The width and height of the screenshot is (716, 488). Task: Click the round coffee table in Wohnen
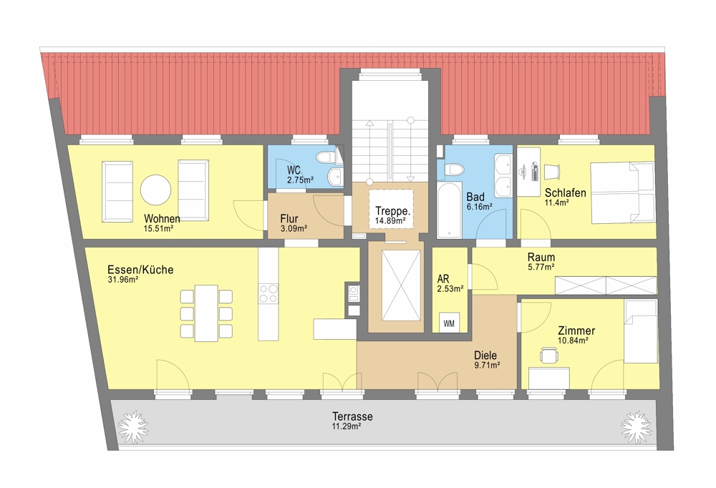coord(155,190)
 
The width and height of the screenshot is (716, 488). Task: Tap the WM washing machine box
coord(449,323)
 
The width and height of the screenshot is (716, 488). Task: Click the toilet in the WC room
coord(327,157)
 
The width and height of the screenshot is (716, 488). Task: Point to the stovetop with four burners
coord(268,293)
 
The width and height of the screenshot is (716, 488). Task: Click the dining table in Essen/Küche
coord(206,313)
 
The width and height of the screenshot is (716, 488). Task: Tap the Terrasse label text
coord(352,416)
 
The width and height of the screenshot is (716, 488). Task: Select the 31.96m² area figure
coord(123,280)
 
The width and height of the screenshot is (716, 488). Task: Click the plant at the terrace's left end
coord(133,427)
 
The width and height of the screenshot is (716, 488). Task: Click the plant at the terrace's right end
coord(636,427)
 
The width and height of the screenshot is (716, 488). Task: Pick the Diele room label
coord(485,355)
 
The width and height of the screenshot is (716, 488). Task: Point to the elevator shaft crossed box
coord(401,286)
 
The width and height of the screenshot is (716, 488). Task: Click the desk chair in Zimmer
coord(548,355)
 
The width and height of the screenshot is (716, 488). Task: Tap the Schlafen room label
coord(566,192)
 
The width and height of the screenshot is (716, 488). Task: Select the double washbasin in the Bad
coord(503,175)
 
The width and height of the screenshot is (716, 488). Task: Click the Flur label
coord(289,218)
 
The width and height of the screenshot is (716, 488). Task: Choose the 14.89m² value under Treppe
coord(390,221)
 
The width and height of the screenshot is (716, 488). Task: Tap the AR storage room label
coord(443,278)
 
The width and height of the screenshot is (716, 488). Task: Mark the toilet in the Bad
coord(455,170)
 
